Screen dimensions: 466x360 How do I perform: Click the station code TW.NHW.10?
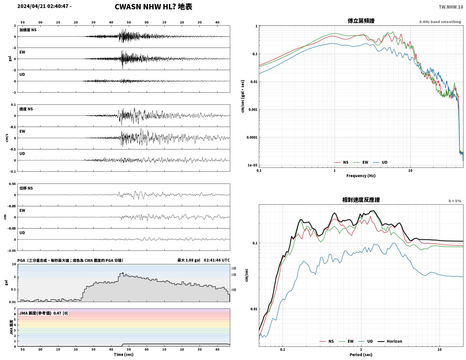[451, 7]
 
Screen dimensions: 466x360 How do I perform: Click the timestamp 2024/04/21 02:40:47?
[43, 6]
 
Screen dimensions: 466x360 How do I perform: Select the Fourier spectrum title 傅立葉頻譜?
[361, 21]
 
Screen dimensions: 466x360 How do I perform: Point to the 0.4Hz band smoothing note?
[440, 22]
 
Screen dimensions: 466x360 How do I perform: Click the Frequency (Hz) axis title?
[361, 176]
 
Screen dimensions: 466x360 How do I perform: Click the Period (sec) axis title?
[361, 355]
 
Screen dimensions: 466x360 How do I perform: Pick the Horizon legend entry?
[390, 341]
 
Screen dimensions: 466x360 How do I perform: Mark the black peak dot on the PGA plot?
[123, 273]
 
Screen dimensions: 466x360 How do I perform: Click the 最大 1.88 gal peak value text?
[189, 260]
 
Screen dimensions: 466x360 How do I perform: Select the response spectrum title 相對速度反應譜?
[361, 200]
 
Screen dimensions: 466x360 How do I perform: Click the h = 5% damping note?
[455, 201]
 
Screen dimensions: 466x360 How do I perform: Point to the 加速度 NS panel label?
[28, 30]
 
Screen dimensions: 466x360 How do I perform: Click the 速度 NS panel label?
[26, 109]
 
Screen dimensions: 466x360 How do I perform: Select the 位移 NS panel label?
[26, 188]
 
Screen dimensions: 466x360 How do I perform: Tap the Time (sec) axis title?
[124, 354]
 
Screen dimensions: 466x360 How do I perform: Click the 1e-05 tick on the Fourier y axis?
[252, 165]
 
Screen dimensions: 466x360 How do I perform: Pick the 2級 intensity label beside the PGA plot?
[234, 268]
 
